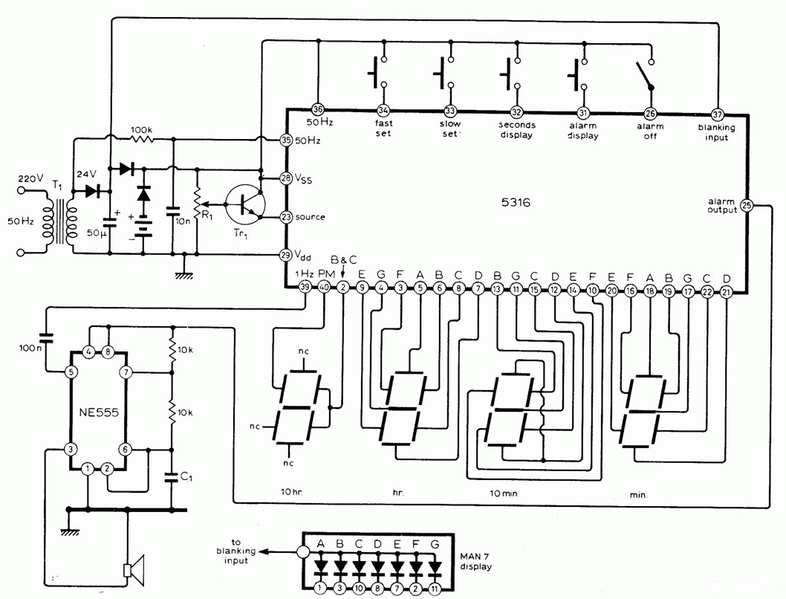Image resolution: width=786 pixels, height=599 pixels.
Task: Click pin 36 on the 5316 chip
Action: pos(318,110)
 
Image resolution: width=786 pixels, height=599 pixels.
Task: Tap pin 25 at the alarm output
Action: pos(747,205)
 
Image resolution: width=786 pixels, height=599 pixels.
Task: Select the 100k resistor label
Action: pos(141,130)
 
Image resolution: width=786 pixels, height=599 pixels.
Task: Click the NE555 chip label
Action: pos(99,412)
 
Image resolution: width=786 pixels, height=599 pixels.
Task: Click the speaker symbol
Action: pos(134,571)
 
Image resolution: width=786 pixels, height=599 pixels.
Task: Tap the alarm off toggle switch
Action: pos(645,75)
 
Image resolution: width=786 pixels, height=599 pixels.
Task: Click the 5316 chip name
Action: pos(516,202)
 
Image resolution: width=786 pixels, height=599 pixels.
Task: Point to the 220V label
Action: pos(31,179)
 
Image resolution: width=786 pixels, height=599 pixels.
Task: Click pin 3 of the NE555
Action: pos(70,449)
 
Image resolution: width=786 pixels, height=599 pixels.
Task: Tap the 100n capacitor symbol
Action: pos(45,335)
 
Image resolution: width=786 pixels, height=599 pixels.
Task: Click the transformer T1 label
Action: pos(58,187)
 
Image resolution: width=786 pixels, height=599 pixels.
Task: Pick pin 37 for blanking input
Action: pos(718,114)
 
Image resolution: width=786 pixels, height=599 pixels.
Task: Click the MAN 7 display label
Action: pos(475,561)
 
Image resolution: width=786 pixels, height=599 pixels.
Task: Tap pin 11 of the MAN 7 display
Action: pos(434,588)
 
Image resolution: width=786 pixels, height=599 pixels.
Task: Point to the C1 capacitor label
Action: pos(186,476)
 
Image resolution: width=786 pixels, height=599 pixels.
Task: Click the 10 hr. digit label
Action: pos(292,492)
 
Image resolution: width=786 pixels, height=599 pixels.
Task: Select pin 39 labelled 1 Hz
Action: pos(305,287)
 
